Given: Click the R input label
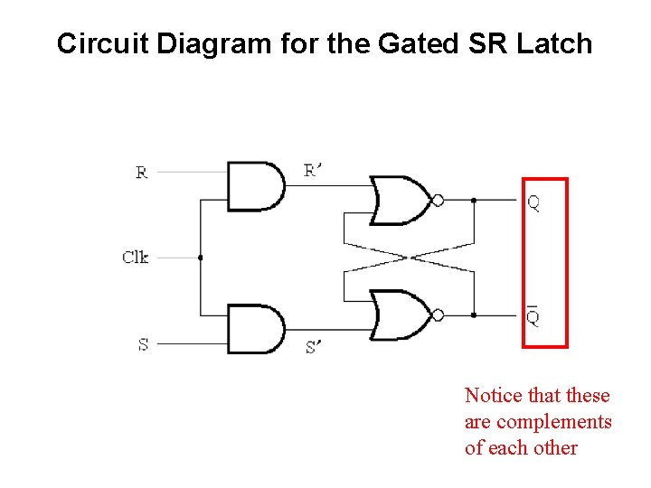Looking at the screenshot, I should click(142, 172).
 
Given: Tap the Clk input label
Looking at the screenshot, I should click(135, 258).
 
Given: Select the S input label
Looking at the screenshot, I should click(143, 344).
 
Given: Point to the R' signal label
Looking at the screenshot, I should click(313, 170).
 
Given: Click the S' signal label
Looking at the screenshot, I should click(313, 346).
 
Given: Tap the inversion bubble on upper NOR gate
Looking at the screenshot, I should click(439, 201).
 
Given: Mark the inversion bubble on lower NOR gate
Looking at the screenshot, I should click(439, 314).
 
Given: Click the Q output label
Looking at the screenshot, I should click(533, 203).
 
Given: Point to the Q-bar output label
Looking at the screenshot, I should click(533, 315).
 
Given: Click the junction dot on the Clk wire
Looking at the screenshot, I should click(200, 258).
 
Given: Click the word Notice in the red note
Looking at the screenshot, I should click(493, 396).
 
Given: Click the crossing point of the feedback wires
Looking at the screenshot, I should click(409, 258).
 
